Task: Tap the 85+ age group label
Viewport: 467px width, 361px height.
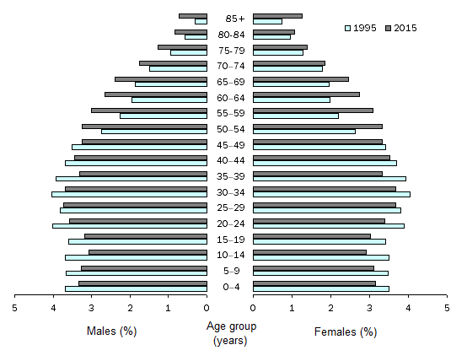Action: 230,19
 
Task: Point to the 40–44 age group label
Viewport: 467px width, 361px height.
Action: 230,160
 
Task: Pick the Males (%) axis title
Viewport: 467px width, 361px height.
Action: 111,331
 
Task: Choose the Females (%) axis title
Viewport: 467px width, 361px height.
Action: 345,331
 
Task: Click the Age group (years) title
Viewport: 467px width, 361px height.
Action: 230,333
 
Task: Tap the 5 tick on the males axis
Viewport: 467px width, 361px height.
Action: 14,308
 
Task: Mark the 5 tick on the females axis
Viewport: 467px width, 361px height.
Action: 447,308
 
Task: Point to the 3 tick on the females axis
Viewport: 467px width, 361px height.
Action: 369,308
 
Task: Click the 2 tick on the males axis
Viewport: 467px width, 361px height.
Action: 130,308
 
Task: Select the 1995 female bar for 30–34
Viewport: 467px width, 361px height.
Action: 331,194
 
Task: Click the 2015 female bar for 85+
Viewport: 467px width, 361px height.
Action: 277,15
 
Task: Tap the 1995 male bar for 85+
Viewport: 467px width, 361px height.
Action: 201,21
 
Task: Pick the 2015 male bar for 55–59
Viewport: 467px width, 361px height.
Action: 149,110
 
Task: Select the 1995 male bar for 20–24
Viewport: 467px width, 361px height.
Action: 129,226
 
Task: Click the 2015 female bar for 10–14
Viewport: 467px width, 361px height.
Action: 309,251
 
